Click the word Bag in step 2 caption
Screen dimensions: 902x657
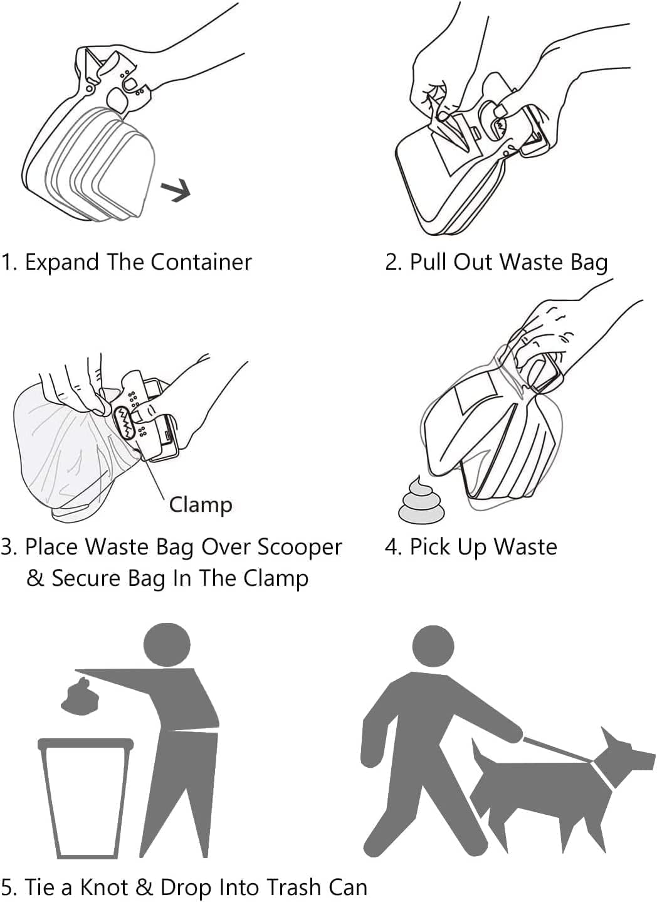click(589, 262)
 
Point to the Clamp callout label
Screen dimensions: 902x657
click(201, 504)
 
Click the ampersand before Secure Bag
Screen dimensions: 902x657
click(35, 578)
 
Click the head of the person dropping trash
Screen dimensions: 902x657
click(167, 645)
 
